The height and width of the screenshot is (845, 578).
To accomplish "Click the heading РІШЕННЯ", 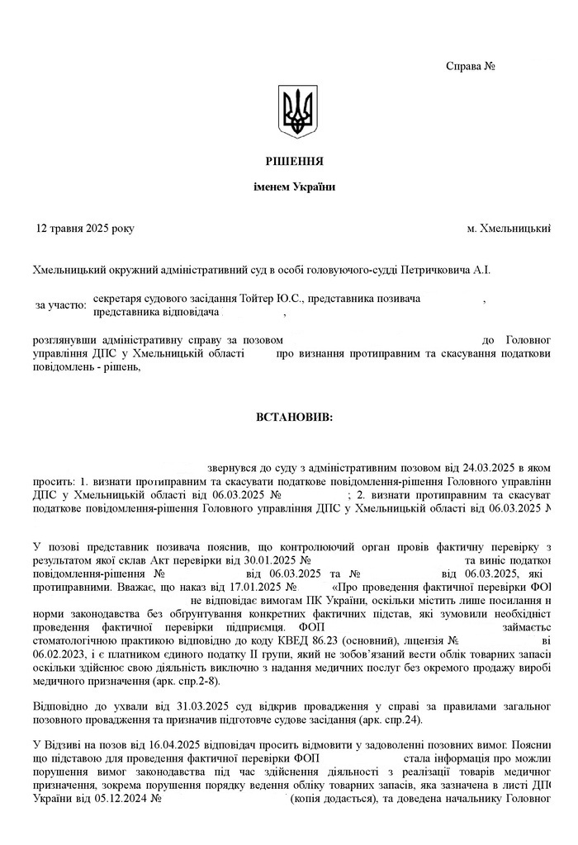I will pos(295,161).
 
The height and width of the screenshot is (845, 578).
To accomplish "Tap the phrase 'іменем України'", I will pos(295,187).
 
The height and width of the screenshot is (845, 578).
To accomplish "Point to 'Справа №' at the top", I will pos(470,65).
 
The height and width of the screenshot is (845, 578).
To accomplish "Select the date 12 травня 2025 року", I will pos(84,228).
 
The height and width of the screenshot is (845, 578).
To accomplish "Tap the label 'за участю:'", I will pos(61,305).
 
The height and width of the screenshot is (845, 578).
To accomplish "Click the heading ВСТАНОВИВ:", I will pos(295,418).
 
